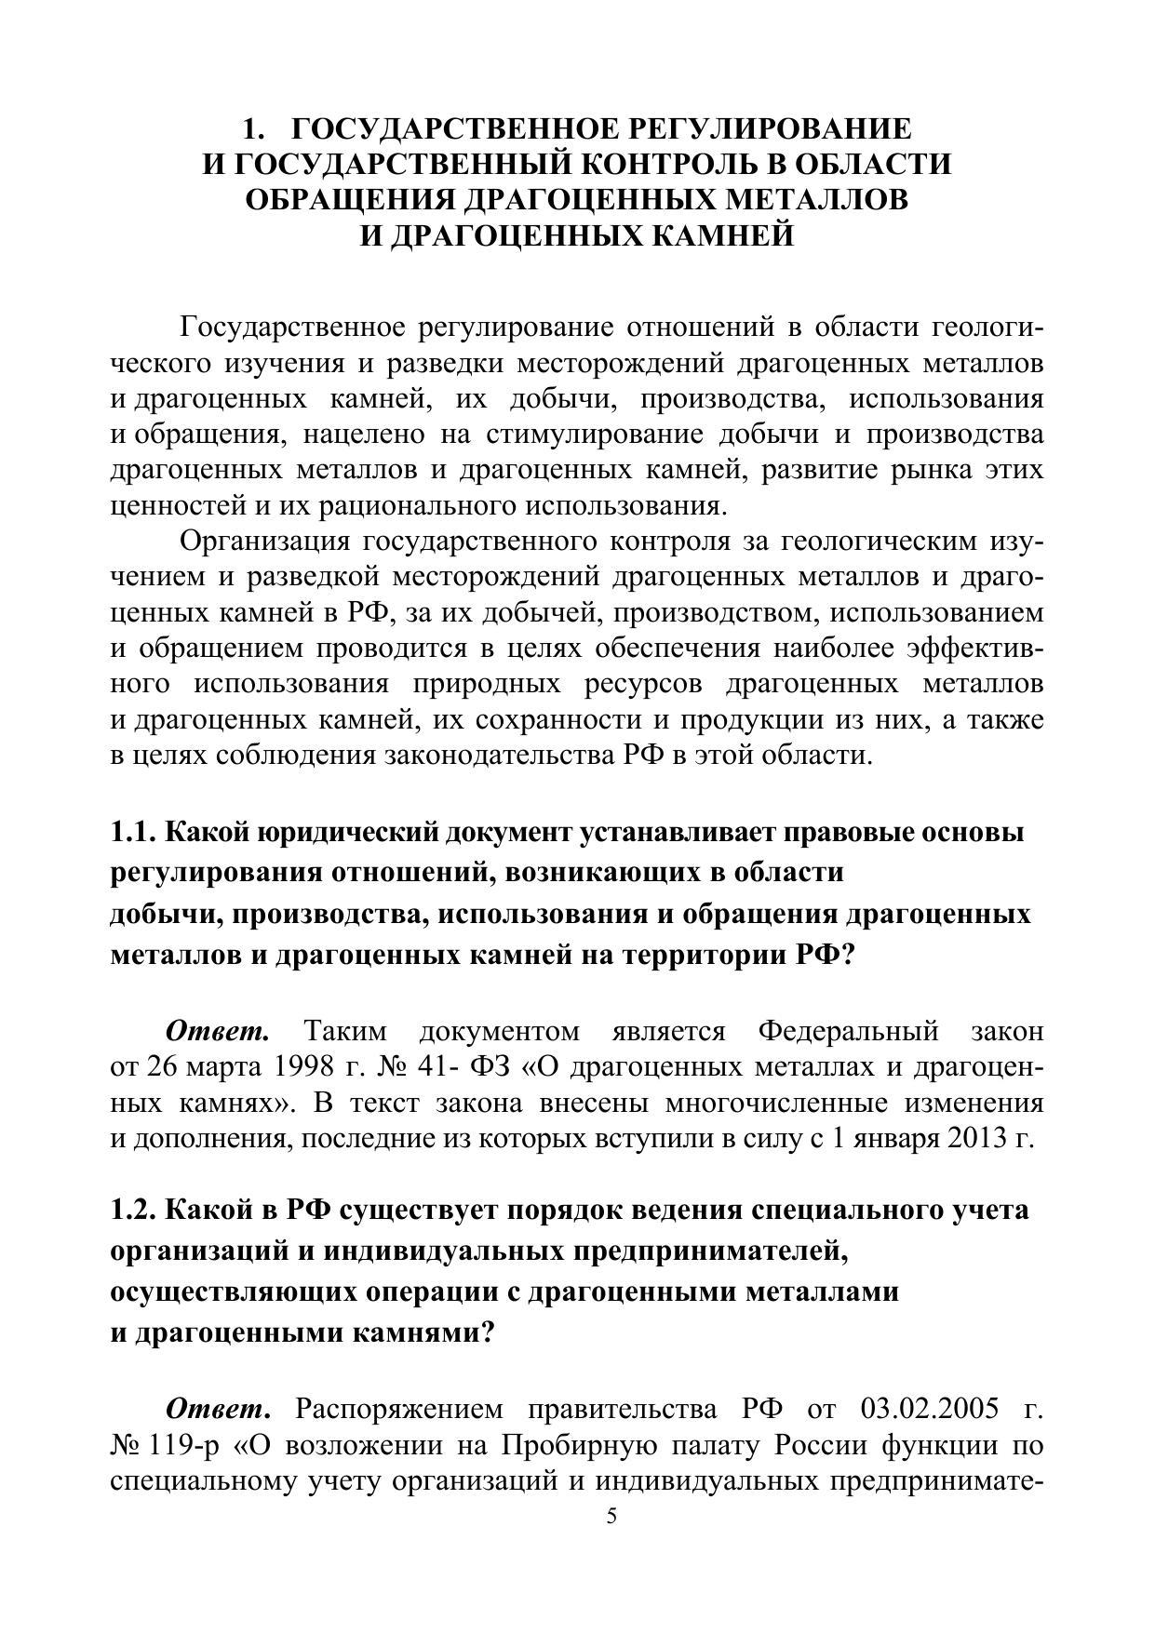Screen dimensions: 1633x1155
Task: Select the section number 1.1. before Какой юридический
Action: [134, 832]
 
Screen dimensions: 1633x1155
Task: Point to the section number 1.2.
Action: [134, 1211]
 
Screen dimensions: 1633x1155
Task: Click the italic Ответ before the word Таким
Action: [218, 1031]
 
